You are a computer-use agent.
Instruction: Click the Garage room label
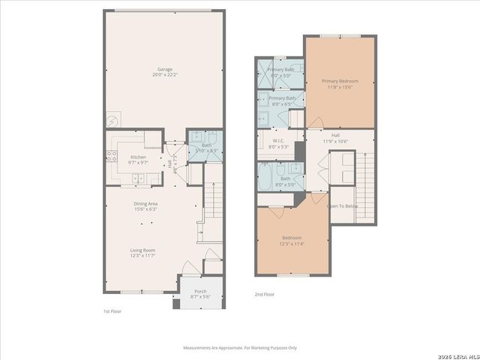coord(164,68)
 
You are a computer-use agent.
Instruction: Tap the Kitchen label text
coord(138,157)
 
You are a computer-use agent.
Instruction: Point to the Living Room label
coord(142,250)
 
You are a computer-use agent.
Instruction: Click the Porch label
coord(200,291)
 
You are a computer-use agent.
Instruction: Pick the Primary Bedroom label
coord(339,80)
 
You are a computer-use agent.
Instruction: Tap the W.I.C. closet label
coord(277,141)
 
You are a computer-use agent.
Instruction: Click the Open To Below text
coord(342,205)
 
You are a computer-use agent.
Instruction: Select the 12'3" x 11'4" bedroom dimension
coord(292,244)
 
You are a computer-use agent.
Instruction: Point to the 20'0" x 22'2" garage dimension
coord(164,75)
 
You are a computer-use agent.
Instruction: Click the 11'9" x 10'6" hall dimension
coord(335,141)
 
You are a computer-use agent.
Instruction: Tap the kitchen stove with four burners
coord(112,156)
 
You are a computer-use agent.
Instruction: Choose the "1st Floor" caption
coord(112,310)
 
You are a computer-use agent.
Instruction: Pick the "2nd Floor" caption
coord(265,295)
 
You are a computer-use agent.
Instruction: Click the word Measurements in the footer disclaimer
coord(199,347)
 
